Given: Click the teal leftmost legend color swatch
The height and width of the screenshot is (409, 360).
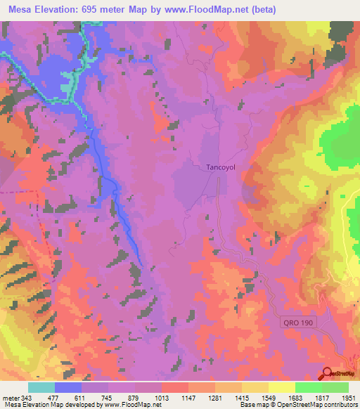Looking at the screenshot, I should [x=41, y=387].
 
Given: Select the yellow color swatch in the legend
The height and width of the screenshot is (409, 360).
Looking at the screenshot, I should [x=281, y=387].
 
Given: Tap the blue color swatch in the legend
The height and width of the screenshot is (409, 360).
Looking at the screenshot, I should [x=67, y=387].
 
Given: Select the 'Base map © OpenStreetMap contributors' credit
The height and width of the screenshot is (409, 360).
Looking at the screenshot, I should [x=298, y=405].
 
